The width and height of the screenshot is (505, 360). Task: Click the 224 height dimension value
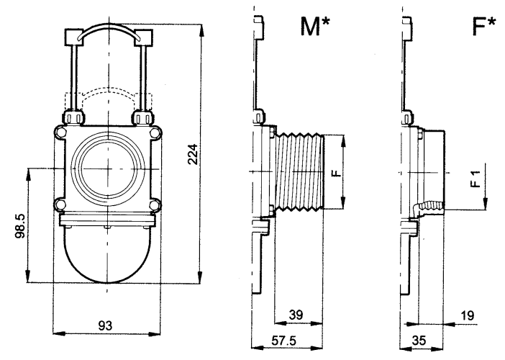(193, 154)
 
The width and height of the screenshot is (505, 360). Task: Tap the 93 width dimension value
(105, 326)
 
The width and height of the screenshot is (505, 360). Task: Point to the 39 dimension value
(296, 315)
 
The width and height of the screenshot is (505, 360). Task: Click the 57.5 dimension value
(283, 341)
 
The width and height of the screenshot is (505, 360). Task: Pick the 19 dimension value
(468, 315)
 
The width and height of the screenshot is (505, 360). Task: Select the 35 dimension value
(419, 341)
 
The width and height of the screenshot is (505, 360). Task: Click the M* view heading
(315, 27)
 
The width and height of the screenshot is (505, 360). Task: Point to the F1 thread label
(476, 179)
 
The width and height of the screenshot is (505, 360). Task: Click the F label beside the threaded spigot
(336, 173)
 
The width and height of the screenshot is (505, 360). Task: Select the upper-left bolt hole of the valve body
(60, 132)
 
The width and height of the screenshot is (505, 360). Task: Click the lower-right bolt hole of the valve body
(155, 205)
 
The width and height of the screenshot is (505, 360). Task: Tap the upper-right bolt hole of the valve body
(155, 132)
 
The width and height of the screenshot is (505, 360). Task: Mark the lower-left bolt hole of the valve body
(60, 205)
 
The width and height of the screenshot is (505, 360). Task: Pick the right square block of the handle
(144, 37)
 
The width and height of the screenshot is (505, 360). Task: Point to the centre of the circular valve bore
(108, 168)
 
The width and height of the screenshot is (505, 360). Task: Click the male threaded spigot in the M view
(299, 172)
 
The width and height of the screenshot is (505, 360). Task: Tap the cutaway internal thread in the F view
(428, 208)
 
